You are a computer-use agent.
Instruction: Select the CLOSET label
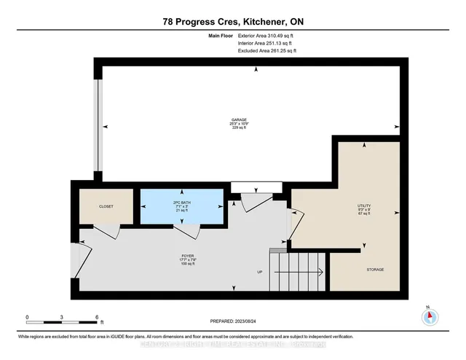click(x=105, y=206)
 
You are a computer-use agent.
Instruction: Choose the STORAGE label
click(x=374, y=270)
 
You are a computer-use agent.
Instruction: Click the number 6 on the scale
click(x=97, y=316)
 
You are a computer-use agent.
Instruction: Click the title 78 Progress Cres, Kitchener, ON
click(x=233, y=22)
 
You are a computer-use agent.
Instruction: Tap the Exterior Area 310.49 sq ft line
click(x=265, y=35)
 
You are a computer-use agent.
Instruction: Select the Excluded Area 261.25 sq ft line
click(x=266, y=51)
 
